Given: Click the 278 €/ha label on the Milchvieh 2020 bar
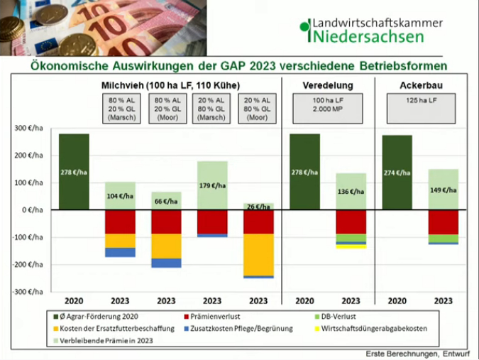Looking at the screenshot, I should [74, 172].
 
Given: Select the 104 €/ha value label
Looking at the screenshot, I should [120, 195].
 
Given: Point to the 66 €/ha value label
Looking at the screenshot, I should [166, 201].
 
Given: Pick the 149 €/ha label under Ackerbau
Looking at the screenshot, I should [443, 190].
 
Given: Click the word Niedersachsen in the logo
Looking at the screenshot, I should [361, 35].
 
